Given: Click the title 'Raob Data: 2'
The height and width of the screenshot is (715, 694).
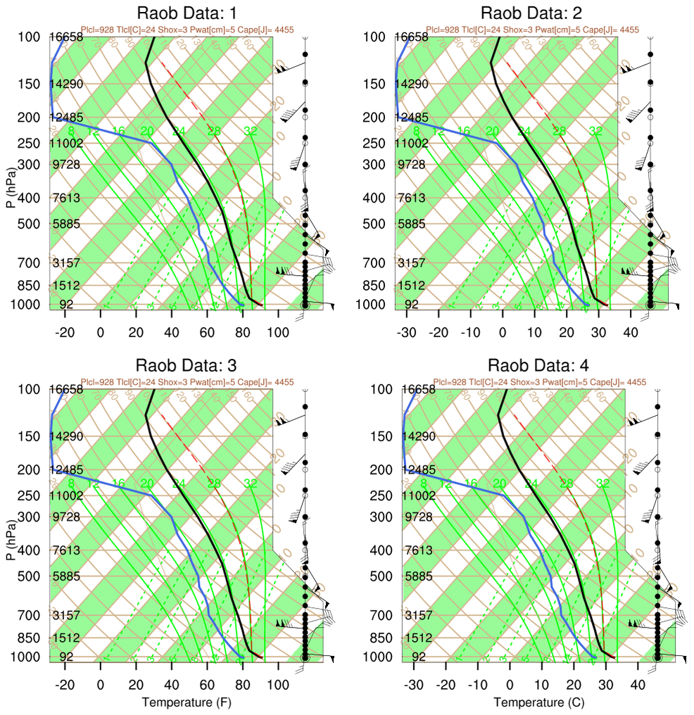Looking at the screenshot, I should click(x=531, y=13).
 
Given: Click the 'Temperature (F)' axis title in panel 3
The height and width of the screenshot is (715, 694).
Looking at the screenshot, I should click(x=186, y=702).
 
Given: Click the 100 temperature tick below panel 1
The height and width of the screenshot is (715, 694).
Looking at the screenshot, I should click(x=278, y=332).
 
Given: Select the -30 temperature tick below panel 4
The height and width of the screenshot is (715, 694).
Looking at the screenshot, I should click(x=414, y=685).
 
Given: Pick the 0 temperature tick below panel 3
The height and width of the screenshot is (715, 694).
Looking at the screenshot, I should click(x=101, y=685).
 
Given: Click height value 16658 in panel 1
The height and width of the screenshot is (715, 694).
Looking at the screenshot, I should click(x=66, y=37).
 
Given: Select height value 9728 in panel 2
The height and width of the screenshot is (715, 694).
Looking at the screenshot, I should click(x=412, y=165).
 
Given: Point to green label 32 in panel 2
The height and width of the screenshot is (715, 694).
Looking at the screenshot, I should click(x=595, y=131).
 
